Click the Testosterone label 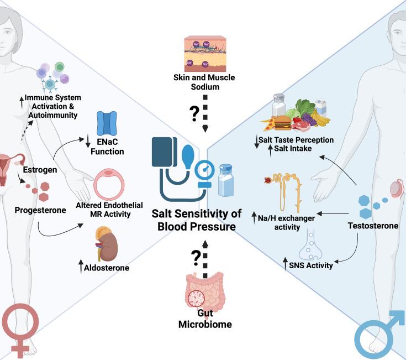[x=373, y=226]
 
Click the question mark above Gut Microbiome [x=194, y=257]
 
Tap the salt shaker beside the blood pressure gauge [x=228, y=180]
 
